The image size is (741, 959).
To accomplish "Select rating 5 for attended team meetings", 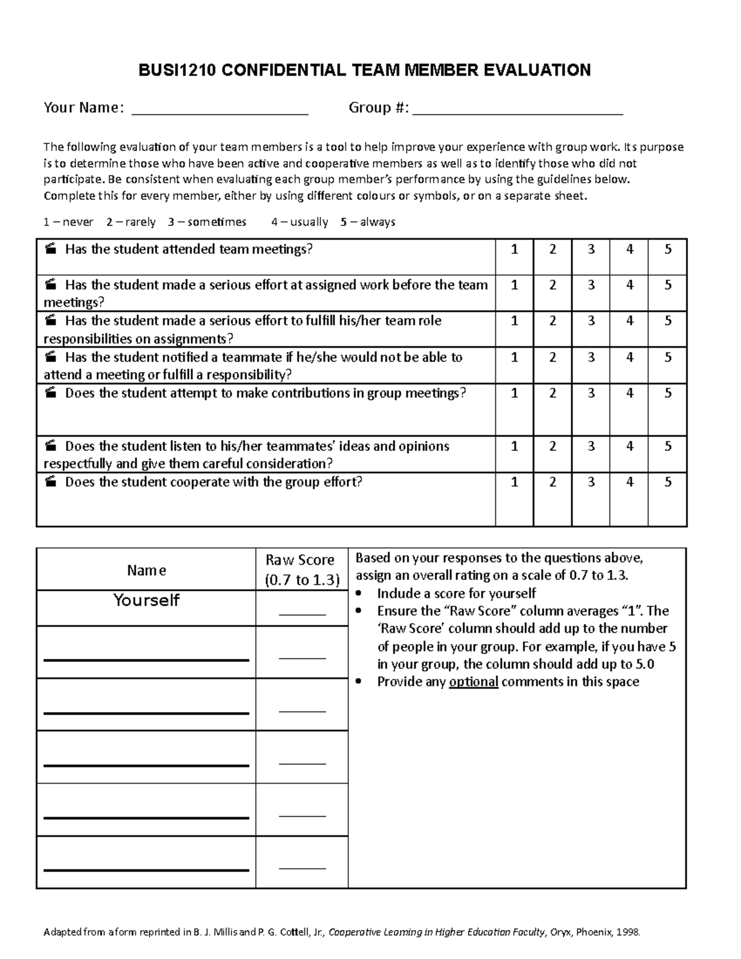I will tap(668, 249).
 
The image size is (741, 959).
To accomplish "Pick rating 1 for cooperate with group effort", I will tap(514, 482).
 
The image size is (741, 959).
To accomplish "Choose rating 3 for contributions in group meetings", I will tap(591, 393).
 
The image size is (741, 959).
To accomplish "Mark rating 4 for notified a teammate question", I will tap(629, 358).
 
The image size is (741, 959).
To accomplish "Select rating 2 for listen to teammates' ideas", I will tap(553, 446).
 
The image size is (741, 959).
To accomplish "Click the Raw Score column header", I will tap(302, 569).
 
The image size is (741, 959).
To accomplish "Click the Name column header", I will tap(146, 571).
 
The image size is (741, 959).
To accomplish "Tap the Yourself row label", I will tap(146, 600).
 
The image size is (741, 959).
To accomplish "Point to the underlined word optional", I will tap(474, 682).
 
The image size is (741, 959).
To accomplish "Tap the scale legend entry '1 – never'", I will tap(68, 222).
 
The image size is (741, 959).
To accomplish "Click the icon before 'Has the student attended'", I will tap(51, 249).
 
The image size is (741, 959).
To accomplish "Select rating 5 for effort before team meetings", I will tap(668, 285).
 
